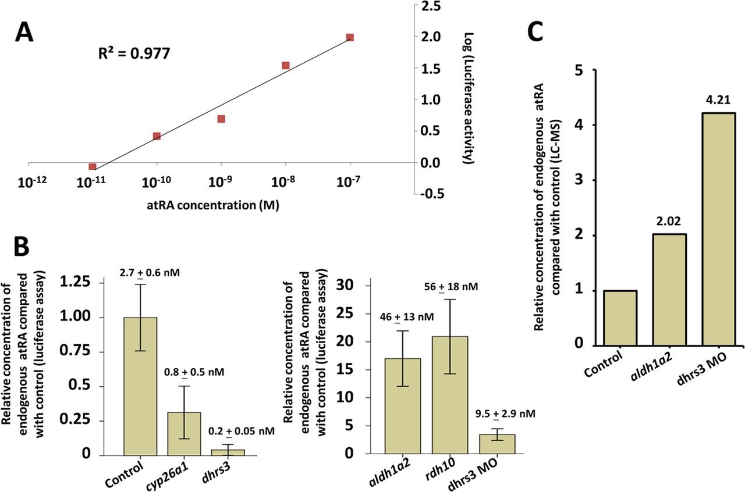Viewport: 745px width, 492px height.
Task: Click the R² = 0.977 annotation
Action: coord(134,54)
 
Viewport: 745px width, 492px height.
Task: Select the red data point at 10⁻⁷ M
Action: coord(350,37)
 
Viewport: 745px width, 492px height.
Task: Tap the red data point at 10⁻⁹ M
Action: coord(221,119)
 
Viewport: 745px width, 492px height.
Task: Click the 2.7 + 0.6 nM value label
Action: coord(141,271)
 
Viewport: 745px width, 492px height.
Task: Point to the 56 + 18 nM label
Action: coord(446,288)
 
